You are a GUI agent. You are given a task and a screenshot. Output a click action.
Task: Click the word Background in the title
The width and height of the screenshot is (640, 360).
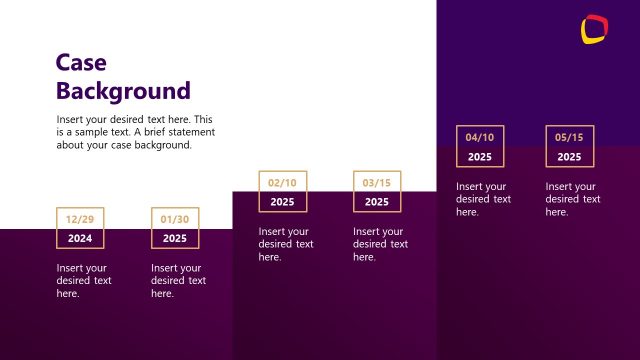click(122, 91)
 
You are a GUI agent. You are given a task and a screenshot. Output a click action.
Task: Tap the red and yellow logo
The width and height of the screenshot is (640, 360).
click(594, 29)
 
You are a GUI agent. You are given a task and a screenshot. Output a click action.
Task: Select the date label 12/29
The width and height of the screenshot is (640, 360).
click(79, 219)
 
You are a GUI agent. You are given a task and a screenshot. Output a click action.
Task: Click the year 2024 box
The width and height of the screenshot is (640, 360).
click(79, 239)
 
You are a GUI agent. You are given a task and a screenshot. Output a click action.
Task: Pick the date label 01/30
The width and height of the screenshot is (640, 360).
click(175, 219)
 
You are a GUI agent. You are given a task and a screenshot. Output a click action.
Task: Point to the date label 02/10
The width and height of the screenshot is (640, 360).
click(282, 183)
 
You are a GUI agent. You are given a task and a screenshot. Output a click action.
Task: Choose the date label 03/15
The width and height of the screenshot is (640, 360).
click(377, 183)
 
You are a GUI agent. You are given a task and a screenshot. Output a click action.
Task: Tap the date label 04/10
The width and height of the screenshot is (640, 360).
click(480, 137)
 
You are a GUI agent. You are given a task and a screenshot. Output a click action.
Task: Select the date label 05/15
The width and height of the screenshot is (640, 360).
click(569, 137)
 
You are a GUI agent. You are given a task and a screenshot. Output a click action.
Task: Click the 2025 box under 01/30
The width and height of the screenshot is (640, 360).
click(175, 239)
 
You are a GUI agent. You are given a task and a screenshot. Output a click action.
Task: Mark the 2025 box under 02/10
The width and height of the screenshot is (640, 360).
click(282, 202)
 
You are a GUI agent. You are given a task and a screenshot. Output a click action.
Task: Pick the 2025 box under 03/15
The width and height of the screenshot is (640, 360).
click(377, 202)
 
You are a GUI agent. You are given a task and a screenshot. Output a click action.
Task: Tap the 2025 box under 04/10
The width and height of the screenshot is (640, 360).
click(480, 157)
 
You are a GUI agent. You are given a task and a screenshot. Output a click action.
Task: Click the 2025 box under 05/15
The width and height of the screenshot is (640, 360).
click(569, 157)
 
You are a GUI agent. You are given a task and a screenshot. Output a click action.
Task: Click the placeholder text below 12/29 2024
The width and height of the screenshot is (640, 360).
click(84, 281)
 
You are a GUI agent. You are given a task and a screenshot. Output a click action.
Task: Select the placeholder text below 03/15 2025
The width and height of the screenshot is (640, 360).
click(381, 244)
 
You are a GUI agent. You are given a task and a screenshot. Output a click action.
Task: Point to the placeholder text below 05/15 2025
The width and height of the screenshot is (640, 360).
click(573, 199)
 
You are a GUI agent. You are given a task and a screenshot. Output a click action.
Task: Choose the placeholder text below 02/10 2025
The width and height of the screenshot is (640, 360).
click(286, 244)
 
